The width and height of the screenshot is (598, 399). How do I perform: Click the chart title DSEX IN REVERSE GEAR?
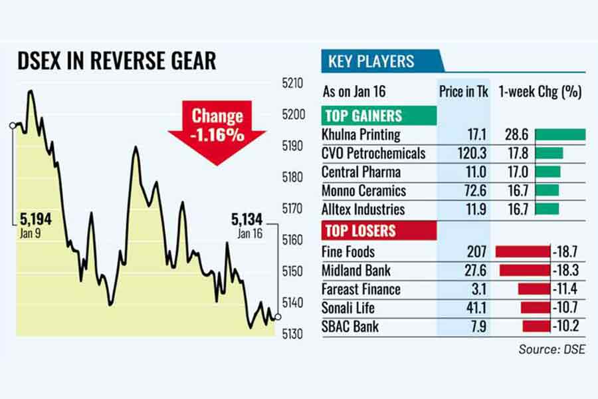pyautogui.click(x=117, y=61)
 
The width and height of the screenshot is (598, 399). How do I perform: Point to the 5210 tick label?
pyautogui.click(x=293, y=84)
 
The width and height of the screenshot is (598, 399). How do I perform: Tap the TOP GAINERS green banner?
pyautogui.click(x=363, y=115)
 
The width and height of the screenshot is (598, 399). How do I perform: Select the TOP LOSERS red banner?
pyautogui.click(x=359, y=231)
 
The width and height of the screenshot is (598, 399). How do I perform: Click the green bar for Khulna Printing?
pyautogui.click(x=559, y=135)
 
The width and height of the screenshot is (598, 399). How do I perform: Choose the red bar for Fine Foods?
pyautogui.click(x=523, y=252)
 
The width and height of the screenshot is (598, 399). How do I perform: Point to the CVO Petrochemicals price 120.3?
pyautogui.click(x=471, y=154)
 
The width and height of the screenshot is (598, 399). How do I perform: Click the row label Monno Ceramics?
pyautogui.click(x=363, y=191)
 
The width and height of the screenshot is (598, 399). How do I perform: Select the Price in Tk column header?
pyautogui.click(x=464, y=92)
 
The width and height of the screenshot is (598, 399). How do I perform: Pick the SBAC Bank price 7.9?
pyautogui.click(x=476, y=327)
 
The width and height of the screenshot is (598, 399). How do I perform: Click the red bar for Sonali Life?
pyautogui.click(x=535, y=308)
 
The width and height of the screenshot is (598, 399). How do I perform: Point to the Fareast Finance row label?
pyautogui.click(x=361, y=289)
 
